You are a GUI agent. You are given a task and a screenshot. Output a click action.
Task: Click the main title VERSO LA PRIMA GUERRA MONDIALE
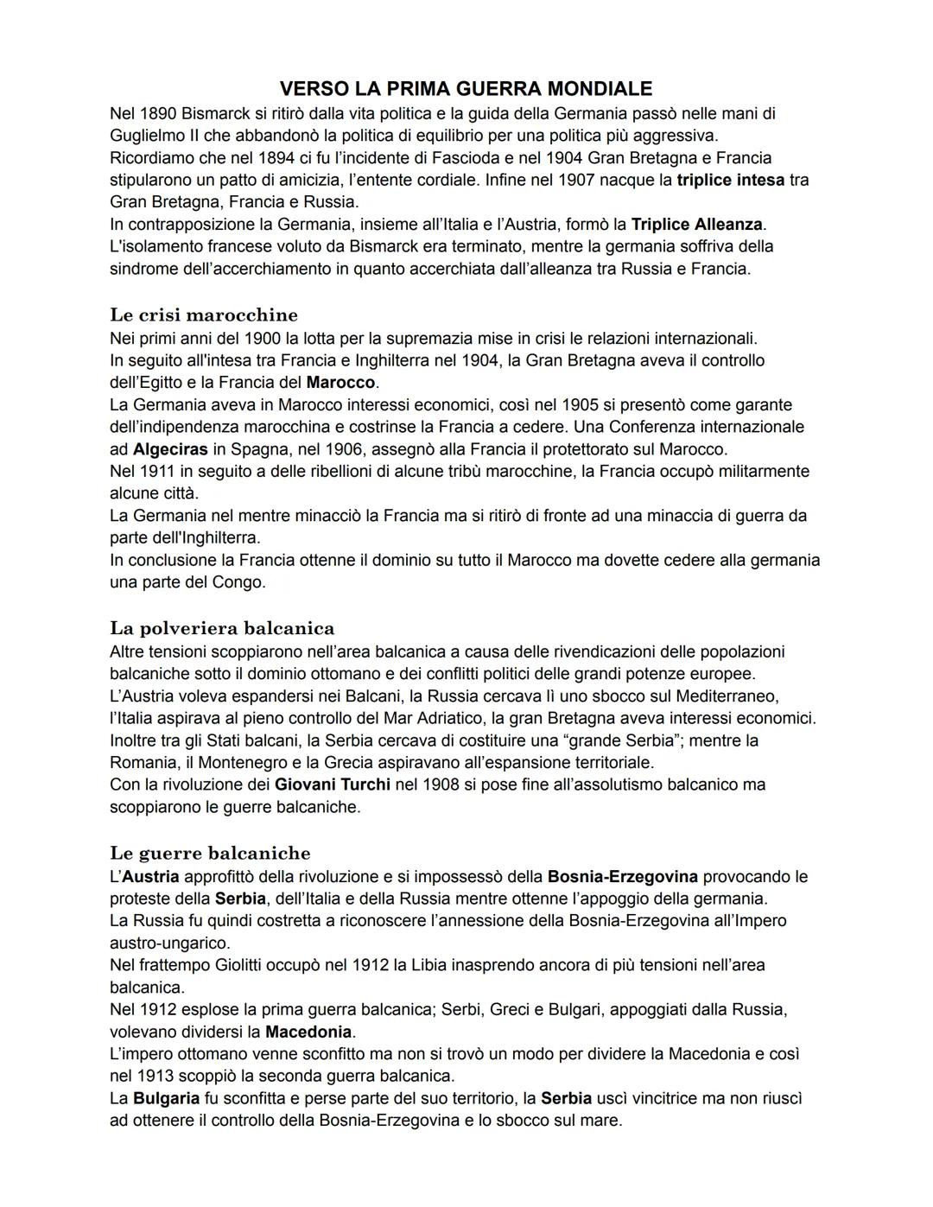coord(466,89)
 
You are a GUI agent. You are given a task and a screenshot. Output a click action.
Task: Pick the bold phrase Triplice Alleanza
coord(696,225)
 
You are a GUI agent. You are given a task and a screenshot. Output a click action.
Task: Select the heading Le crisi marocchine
coord(204,314)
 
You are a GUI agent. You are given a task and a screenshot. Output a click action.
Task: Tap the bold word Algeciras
coord(170,449)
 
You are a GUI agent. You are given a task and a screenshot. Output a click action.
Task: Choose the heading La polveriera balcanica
coord(222,628)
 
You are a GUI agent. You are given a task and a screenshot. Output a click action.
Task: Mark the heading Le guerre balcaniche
coord(210,854)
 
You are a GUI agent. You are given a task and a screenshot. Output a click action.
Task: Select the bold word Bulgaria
coord(166,1098)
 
